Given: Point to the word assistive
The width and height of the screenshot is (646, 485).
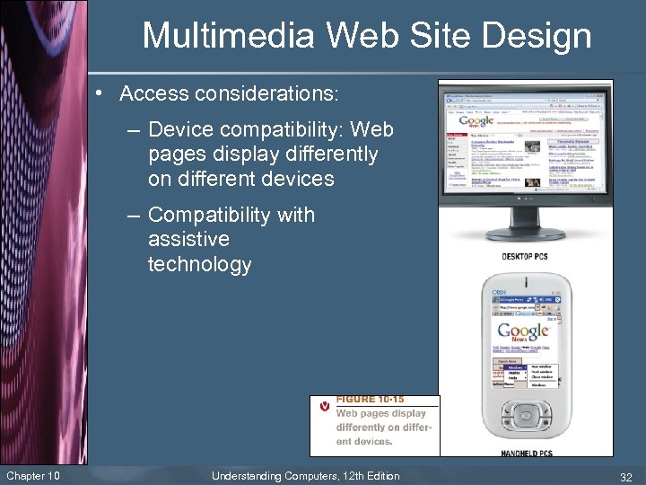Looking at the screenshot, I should coord(188,240).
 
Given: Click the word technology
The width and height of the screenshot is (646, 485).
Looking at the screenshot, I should coord(200,264).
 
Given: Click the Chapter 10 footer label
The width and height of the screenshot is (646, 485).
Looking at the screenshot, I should coord(32,475).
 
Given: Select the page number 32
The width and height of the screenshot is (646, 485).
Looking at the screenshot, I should coord(624,476).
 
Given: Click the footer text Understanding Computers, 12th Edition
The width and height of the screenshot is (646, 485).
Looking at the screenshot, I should coord(305,475).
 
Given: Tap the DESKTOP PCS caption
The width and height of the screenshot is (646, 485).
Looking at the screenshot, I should coord(525,257).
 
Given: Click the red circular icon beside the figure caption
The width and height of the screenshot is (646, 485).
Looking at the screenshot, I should coord(325,406).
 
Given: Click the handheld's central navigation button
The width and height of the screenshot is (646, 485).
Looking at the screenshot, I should coord(524,416).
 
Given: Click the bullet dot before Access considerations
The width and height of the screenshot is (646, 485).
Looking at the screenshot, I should coord(107,93).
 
